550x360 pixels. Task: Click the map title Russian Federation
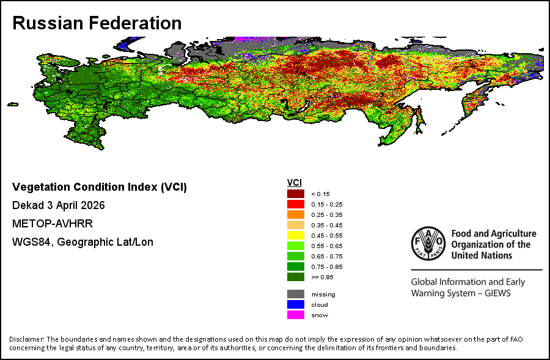pyautogui.click(x=97, y=23)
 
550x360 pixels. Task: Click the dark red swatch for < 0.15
pyautogui.click(x=296, y=194)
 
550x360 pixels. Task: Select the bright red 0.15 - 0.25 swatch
pyautogui.click(x=296, y=204)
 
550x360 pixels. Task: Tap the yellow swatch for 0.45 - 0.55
pyautogui.click(x=296, y=235)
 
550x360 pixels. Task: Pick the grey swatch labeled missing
pyautogui.click(x=296, y=294)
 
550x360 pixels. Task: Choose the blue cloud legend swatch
pyautogui.click(x=296, y=304)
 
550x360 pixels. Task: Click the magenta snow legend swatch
pyautogui.click(x=296, y=315)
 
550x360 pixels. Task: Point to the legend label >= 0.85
pyautogui.click(x=322, y=277)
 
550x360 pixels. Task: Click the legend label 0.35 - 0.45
pyautogui.click(x=327, y=226)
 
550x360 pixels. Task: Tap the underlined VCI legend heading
pyautogui.click(x=295, y=183)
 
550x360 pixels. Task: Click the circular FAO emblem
pyautogui.click(x=428, y=243)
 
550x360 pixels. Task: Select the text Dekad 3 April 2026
pyautogui.click(x=59, y=205)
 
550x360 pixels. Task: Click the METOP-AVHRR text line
pyautogui.click(x=53, y=224)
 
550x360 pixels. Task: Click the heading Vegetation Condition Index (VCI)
pyautogui.click(x=100, y=187)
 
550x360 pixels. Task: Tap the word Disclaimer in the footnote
pyautogui.click(x=27, y=339)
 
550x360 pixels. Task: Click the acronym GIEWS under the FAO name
pyautogui.click(x=497, y=293)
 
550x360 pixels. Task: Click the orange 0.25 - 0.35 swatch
pyautogui.click(x=296, y=215)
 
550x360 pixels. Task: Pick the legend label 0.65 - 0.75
pyautogui.click(x=327, y=257)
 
